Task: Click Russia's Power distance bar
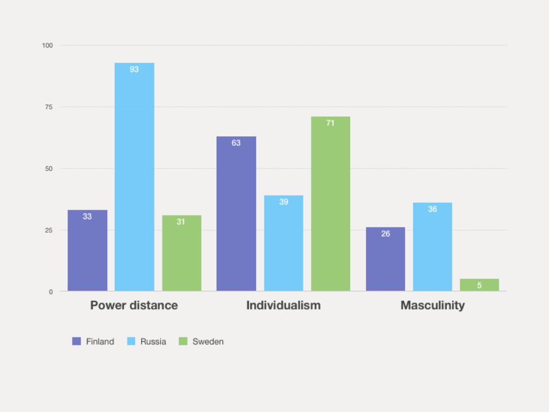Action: click(134, 177)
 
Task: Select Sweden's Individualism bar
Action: click(330, 204)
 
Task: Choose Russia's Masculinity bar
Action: click(432, 247)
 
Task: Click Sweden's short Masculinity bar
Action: click(479, 285)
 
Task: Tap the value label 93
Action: click(134, 69)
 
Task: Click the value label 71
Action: click(330, 123)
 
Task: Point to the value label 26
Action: click(385, 234)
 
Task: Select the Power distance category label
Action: click(134, 305)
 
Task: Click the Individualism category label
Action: click(283, 305)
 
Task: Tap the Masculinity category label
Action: click(432, 305)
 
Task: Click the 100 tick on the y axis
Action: click(48, 46)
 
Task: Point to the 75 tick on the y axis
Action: click(49, 107)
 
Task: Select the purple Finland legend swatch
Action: click(77, 341)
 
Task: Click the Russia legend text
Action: click(153, 342)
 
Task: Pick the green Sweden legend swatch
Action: click(183, 341)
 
